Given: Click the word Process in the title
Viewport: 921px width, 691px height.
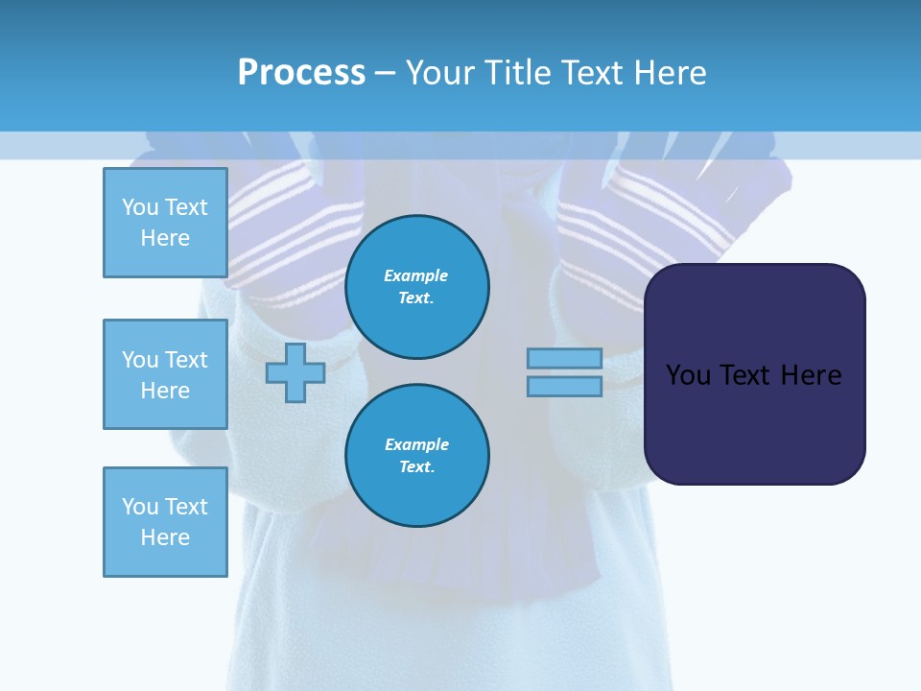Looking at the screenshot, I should [x=301, y=73].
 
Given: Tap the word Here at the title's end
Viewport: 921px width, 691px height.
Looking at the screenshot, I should [x=669, y=73].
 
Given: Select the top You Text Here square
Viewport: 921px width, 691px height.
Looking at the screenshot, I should [x=165, y=223].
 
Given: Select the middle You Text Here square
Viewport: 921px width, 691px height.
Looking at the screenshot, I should [x=165, y=374].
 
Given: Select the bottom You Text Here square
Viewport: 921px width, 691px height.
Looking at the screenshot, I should [x=165, y=521].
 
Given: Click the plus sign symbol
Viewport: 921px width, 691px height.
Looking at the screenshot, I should [x=295, y=372].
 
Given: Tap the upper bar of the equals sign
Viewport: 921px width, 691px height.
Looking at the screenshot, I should [x=564, y=358].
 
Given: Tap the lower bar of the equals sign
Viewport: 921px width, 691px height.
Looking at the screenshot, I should [x=564, y=386].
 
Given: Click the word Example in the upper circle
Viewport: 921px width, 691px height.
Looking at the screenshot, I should [x=415, y=275].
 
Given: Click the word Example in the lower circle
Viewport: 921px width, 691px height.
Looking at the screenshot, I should [x=416, y=444].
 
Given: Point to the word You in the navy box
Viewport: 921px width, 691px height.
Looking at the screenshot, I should [x=687, y=375].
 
